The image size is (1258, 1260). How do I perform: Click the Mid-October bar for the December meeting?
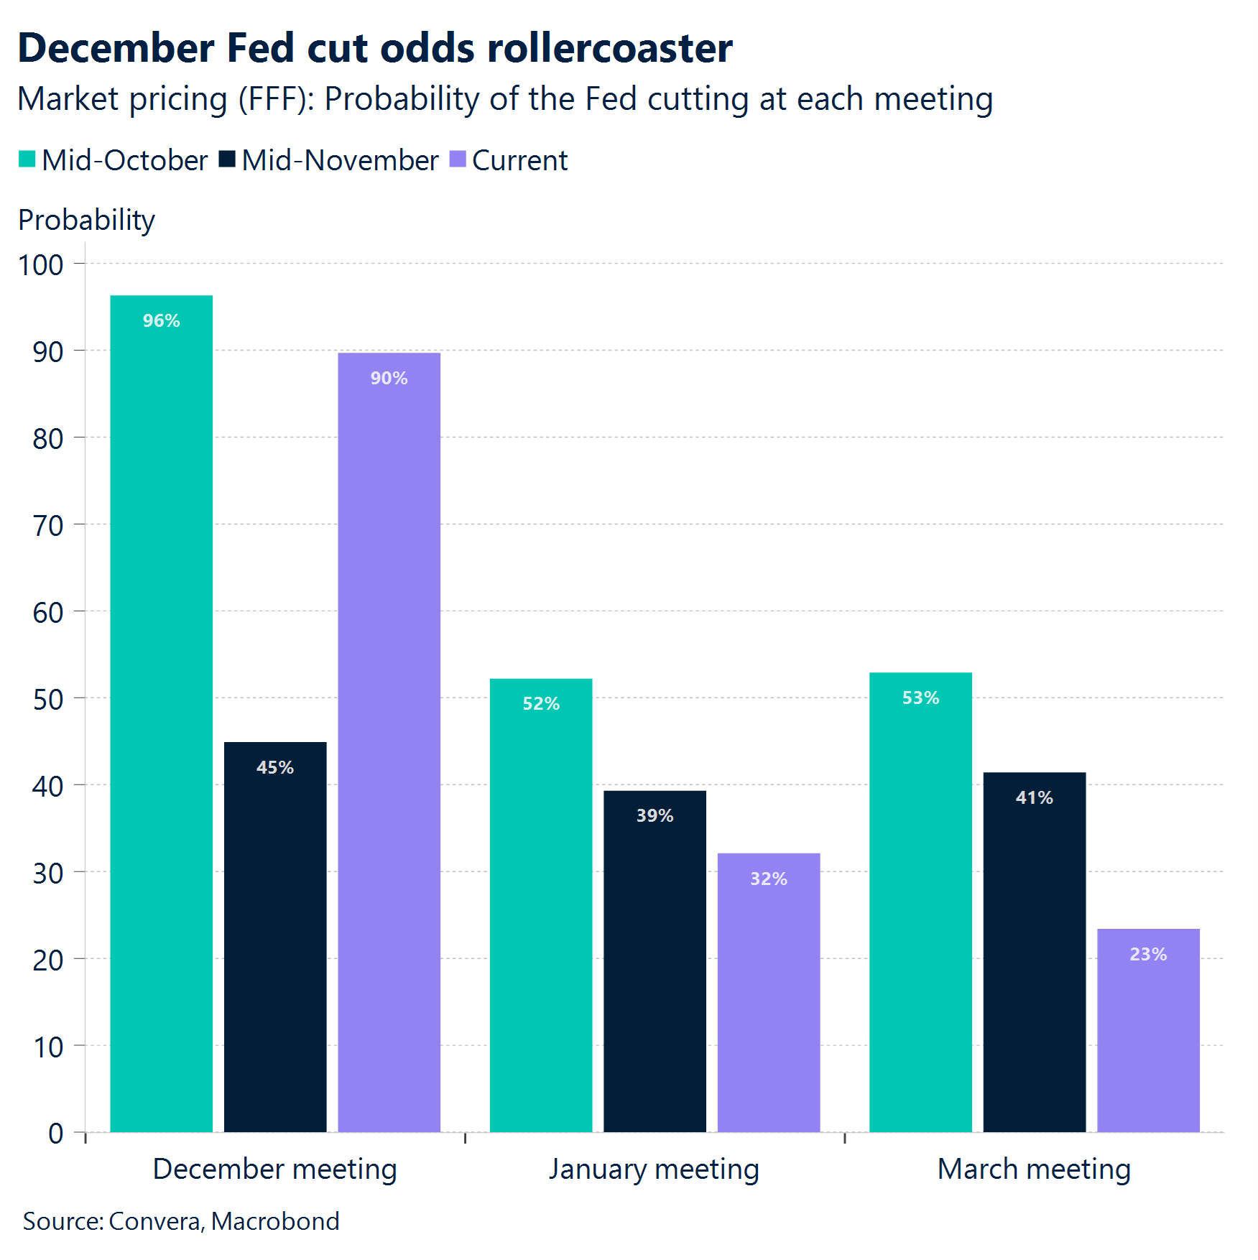(161, 711)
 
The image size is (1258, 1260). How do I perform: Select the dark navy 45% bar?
(275, 934)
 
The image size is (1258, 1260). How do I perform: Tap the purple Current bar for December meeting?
(389, 740)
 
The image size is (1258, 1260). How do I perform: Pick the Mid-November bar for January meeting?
(655, 963)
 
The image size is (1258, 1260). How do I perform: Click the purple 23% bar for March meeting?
(1147, 1034)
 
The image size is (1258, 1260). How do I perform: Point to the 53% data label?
(920, 698)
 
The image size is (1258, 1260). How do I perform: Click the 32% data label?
(768, 879)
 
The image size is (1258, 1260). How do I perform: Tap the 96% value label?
(161, 320)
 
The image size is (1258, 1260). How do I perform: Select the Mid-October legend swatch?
(27, 159)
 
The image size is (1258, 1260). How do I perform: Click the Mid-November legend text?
(340, 160)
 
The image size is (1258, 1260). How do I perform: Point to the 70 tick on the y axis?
(47, 526)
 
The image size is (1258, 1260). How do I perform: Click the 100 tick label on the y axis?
(40, 265)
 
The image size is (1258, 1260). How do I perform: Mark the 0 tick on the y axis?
(55, 1134)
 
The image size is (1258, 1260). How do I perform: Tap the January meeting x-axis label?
(654, 1169)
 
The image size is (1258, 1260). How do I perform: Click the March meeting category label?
(1034, 1169)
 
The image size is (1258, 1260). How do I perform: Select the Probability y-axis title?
(86, 220)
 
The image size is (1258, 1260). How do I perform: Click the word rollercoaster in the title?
(609, 48)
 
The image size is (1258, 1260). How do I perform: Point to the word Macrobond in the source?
(275, 1221)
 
